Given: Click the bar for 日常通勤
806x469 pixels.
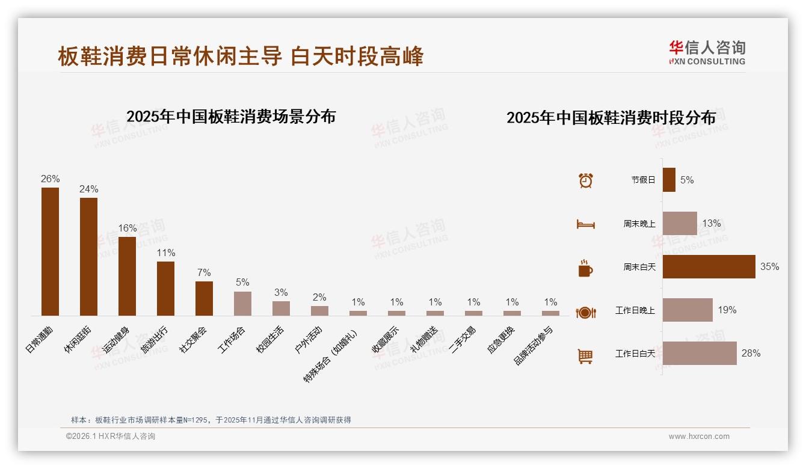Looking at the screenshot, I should click(50, 251).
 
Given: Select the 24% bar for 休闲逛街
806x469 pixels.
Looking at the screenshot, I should click(88, 257).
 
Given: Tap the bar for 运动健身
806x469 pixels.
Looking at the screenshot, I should click(127, 276).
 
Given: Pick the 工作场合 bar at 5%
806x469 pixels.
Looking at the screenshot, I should click(242, 304).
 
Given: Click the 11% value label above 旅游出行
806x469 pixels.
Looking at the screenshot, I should click(165, 253).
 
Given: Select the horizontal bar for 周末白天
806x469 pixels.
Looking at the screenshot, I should click(709, 266).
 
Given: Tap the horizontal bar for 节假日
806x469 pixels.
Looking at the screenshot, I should click(669, 180).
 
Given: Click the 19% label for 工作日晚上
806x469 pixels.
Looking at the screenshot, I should click(727, 310).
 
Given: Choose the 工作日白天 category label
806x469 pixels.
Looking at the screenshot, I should click(635, 354).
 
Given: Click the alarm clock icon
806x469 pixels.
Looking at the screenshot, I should click(585, 180).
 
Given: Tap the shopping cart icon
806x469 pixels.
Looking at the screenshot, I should click(585, 357).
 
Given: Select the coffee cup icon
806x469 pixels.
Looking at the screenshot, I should click(585, 268).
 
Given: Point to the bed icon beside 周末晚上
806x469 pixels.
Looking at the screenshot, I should click(585, 224).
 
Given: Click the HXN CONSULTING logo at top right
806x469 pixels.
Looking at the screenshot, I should click(707, 53).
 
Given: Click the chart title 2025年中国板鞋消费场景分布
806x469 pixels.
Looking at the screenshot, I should click(231, 117).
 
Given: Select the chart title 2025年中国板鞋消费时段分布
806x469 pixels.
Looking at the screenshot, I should click(611, 118).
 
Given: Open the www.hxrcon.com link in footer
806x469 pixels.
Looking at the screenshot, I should click(699, 437).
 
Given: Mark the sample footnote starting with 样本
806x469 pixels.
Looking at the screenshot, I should click(211, 420).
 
